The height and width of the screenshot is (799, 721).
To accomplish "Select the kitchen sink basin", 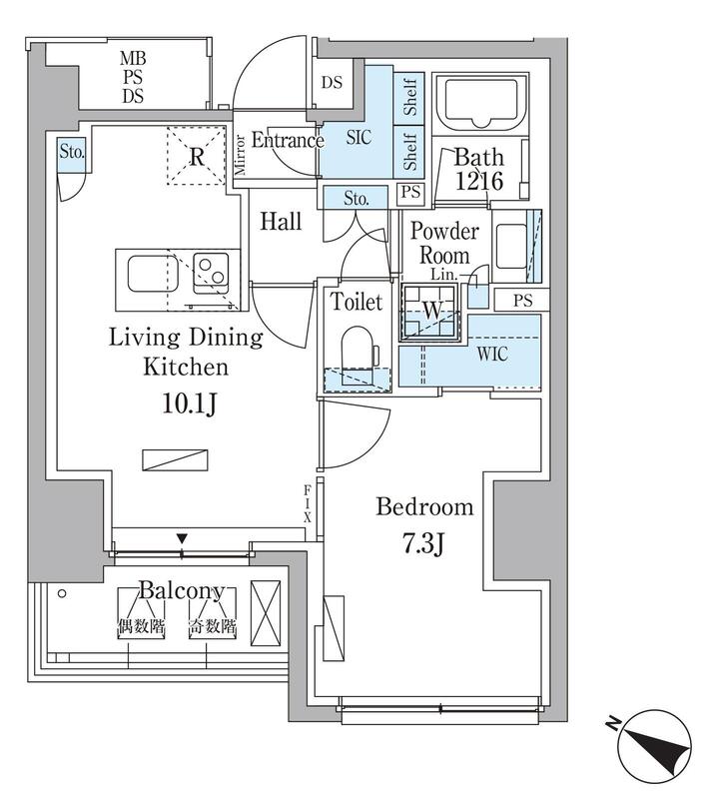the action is click(153, 274).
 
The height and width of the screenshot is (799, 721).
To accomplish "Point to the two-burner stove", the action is click(211, 271).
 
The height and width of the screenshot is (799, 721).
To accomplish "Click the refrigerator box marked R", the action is click(197, 156).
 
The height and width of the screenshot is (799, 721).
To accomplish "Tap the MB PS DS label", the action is click(133, 77).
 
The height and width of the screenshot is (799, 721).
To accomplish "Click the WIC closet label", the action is click(492, 354).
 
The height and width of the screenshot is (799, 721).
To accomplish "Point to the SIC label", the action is click(359, 137).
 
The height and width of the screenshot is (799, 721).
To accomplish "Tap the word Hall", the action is click(281, 221).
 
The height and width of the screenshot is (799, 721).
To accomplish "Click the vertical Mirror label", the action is click(240, 155).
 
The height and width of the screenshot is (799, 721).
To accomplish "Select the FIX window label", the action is click(308, 504).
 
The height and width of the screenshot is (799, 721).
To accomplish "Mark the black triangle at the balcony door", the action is click(183, 538).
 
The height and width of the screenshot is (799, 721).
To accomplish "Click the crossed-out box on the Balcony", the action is click(266, 613).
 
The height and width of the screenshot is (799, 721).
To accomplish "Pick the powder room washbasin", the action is click(511, 246).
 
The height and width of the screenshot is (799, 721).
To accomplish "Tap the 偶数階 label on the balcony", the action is click(141, 626).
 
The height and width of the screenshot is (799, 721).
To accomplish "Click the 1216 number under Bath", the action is click(479, 181).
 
